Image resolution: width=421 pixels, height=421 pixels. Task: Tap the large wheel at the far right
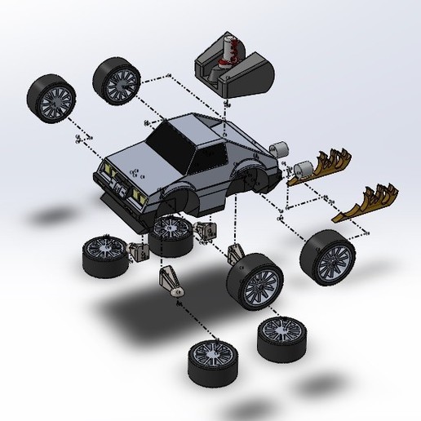327,255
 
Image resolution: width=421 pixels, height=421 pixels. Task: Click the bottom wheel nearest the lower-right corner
279,337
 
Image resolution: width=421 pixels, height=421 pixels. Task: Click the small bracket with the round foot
172,281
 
